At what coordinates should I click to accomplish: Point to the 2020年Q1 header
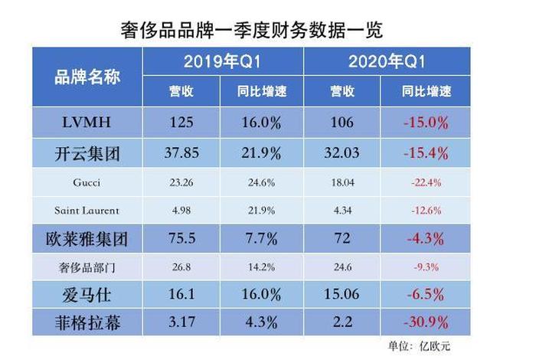pyautogui.click(x=387, y=62)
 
